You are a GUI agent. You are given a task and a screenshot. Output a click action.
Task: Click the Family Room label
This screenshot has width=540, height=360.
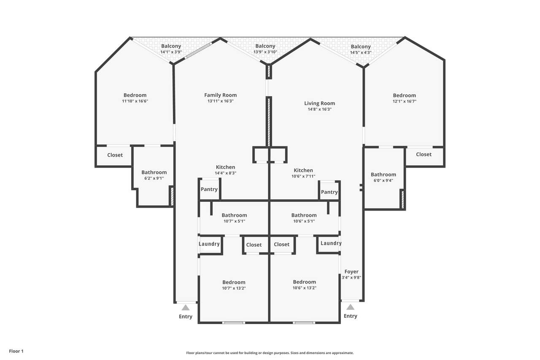coord(220,95)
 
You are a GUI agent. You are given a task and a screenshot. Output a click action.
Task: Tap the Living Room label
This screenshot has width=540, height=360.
coord(319,103)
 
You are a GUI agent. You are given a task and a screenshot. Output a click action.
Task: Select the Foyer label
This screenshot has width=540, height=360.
coord(351,272)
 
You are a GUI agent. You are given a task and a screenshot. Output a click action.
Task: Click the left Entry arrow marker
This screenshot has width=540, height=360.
coord(186,308)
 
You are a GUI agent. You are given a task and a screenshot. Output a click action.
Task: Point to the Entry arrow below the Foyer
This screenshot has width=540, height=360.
coord(350,307)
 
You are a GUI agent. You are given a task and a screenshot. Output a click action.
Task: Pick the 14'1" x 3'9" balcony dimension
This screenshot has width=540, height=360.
coord(171,52)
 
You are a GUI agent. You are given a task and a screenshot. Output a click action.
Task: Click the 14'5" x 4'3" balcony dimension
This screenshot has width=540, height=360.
coord(361,52)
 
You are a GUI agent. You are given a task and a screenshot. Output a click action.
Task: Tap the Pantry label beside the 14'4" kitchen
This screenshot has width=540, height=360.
coord(209,189)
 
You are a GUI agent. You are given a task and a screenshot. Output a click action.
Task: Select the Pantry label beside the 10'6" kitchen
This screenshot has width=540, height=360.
coord(329,192)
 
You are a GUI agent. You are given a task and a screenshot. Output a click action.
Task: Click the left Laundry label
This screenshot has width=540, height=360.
coord(209,244)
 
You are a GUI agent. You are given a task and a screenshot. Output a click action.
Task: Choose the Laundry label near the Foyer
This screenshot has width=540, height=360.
coord(331,243)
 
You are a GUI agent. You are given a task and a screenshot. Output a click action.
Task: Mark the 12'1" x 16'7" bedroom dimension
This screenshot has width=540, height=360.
coord(404,101)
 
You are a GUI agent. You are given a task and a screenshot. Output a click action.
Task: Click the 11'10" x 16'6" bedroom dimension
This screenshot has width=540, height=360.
coord(135,101)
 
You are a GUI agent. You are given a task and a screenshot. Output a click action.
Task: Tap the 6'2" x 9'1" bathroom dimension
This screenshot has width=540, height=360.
coord(154,178)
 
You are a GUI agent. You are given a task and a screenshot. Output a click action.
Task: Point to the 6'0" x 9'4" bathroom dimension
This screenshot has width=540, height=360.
coord(383,180)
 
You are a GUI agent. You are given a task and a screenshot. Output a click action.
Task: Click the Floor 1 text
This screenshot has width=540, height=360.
coord(16,351)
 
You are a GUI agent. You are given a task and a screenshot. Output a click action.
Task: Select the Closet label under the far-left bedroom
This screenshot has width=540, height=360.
coord(115,155)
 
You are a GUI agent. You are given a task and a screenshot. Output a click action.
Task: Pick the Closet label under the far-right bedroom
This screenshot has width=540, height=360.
coord(424,154)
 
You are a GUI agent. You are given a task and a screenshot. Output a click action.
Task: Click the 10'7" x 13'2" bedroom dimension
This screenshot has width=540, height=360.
coord(234,288)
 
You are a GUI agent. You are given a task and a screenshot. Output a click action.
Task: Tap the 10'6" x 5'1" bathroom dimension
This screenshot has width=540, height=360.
coord(304,221)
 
